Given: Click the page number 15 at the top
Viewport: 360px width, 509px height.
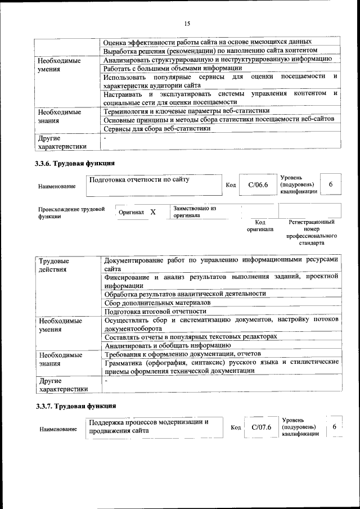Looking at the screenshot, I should coord(187,24).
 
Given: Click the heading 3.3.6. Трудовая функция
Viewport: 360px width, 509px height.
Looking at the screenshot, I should coord(75,164).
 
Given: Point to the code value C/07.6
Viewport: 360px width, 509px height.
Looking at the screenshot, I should coord(261,427).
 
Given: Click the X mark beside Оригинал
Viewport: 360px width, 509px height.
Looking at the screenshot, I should coord(152,212).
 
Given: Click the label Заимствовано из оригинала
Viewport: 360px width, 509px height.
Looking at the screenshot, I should coord(195,211).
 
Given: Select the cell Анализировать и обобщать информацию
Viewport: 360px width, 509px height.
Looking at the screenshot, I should coord(167,345).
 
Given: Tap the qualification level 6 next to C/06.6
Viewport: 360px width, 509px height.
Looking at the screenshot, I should coord(331,184).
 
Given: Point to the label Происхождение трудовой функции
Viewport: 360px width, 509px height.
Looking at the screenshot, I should coord(71,213).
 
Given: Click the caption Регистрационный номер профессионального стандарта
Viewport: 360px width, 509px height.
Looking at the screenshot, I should coord(310,233).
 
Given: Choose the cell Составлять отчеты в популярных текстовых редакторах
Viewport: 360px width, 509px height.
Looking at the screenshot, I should coord(190,336).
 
